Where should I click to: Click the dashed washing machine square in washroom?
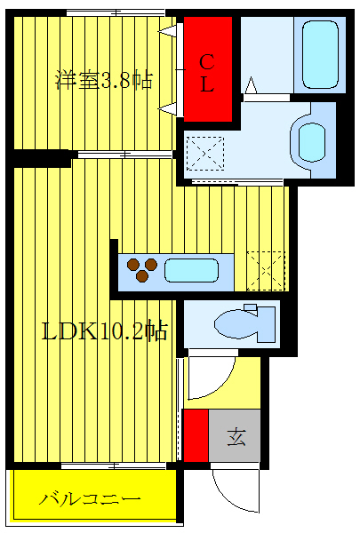click(x=205, y=153)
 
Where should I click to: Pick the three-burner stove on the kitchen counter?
click(x=141, y=268)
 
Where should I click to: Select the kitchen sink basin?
click(x=191, y=270)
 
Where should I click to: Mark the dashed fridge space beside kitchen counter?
click(x=266, y=270)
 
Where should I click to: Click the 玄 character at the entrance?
click(x=236, y=436)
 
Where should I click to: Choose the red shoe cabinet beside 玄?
click(x=196, y=435)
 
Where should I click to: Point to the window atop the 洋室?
click(x=116, y=12)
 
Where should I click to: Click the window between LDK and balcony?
click(x=114, y=465)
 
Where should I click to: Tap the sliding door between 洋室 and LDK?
click(x=124, y=155)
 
